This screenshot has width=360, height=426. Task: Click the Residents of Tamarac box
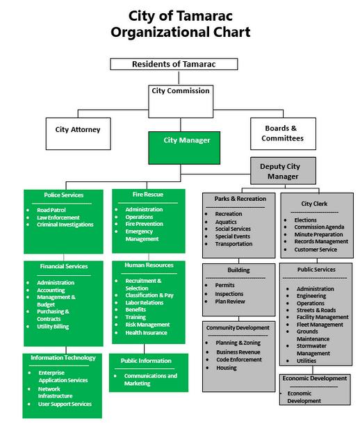point(174,64)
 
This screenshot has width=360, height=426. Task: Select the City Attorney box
point(79,133)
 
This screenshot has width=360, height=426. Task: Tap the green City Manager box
point(184,148)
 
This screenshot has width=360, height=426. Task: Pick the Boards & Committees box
point(283,133)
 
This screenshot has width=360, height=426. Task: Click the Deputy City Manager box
point(283,171)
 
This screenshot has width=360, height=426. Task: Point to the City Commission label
point(181,91)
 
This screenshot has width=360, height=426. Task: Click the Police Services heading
point(64,195)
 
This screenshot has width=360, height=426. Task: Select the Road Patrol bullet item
point(51,210)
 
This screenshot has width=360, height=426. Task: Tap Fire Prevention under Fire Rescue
point(145,224)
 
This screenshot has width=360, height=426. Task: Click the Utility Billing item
point(53,327)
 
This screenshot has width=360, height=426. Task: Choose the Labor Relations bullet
point(145,303)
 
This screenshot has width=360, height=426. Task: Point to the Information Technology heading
point(63,358)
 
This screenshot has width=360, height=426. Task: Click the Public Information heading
point(146,361)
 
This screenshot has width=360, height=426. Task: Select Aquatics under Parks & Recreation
point(226,222)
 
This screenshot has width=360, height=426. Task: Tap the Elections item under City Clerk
point(305,220)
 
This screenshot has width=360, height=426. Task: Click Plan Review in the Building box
point(230,302)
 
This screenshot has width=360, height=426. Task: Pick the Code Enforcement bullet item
point(239,360)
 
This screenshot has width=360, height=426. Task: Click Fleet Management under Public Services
point(320,325)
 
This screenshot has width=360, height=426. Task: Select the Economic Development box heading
point(315,378)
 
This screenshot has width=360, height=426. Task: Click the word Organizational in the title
point(160,33)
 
